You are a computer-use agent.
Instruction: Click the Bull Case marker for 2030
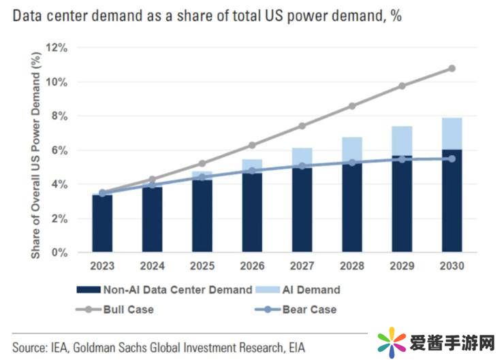point(452,69)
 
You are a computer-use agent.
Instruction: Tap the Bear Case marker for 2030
point(452,159)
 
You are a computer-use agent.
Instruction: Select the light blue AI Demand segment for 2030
point(452,133)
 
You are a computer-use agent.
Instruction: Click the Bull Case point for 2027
point(302,126)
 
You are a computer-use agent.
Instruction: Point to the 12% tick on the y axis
point(59,48)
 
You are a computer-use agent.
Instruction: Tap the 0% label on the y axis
point(61,252)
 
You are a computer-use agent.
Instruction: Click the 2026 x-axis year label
point(253,266)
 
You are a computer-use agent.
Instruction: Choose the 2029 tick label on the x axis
point(402,266)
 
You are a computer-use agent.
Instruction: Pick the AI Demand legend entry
point(301,289)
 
